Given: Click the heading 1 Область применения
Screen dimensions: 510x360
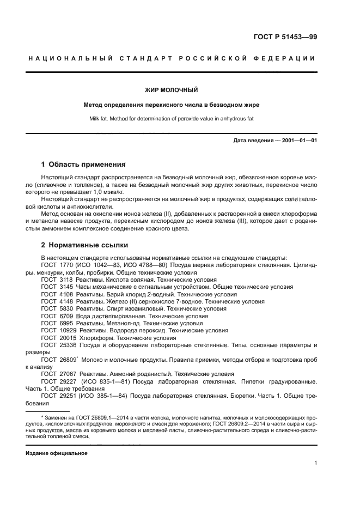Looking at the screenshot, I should tap(84, 164).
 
